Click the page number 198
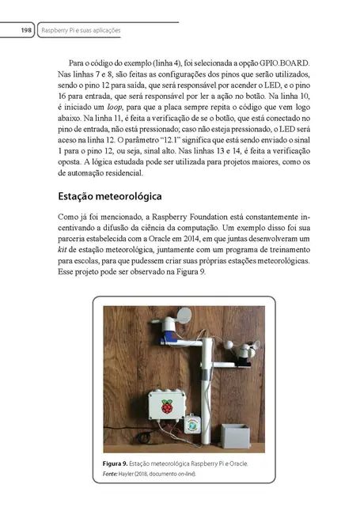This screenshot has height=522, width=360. pos(25,30)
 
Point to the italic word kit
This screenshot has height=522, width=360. pos(63,248)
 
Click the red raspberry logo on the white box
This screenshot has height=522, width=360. pos(167,407)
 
